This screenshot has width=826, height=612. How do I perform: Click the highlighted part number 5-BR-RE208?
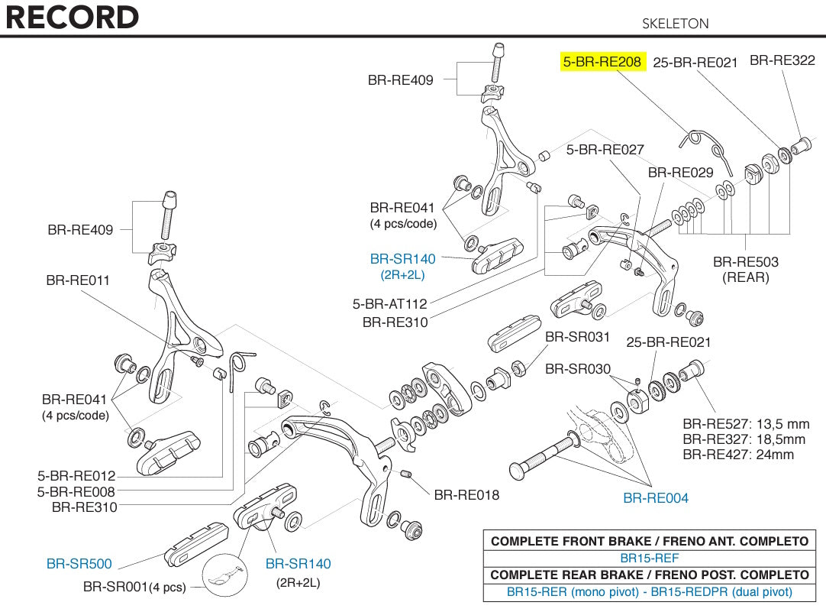point(602,62)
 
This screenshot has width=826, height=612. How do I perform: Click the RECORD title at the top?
point(73,18)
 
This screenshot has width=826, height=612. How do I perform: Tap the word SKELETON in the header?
point(676,24)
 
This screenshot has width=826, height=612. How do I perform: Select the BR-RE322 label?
point(782,60)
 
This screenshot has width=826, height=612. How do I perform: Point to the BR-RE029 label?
point(680,173)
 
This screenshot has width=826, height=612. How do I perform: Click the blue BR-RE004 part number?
point(656,498)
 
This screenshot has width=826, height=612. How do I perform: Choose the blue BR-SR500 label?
point(79,564)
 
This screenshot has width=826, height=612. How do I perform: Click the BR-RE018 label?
point(466,495)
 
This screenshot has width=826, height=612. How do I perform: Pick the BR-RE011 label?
point(78,280)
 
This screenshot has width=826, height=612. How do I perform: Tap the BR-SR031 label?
point(578,337)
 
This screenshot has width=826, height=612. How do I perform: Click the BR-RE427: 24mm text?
point(738,455)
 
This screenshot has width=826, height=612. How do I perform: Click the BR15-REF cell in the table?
point(649,558)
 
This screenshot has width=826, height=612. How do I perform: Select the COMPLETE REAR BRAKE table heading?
point(649,575)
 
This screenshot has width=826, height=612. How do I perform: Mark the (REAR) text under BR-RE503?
point(746,277)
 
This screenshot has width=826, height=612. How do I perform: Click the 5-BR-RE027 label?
point(605,150)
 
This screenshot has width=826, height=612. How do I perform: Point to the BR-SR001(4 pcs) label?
point(135,588)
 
